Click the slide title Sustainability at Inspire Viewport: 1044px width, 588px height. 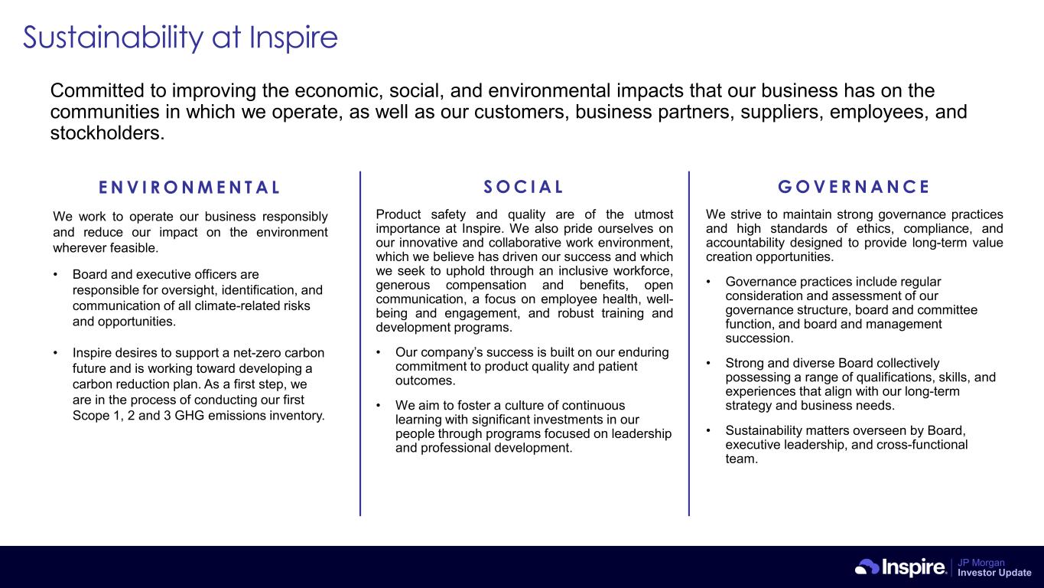(181, 38)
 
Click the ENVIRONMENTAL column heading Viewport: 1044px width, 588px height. (189, 188)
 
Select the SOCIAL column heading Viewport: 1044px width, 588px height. (523, 187)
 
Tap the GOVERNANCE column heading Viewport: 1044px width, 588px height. (854, 187)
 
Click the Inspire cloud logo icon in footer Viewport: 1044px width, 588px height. (867, 567)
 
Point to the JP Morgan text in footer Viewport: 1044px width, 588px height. (981, 563)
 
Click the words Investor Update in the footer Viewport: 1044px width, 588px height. (994, 573)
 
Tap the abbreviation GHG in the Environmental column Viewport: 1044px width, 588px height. (189, 415)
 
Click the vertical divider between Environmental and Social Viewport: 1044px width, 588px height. (360, 344)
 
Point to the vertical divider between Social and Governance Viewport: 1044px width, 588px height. (689, 344)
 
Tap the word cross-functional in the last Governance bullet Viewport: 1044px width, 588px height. (922, 445)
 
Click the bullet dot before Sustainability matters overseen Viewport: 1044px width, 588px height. (708, 430)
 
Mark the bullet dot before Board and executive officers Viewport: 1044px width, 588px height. (55, 274)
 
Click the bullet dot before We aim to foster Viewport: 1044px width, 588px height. (378, 405)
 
